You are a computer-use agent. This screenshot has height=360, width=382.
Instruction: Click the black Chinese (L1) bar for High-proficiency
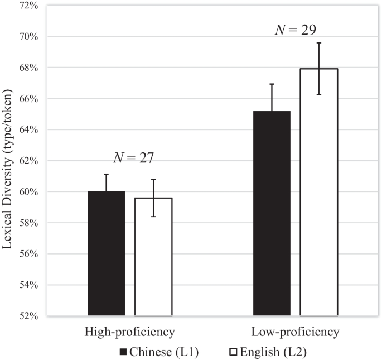(106, 253)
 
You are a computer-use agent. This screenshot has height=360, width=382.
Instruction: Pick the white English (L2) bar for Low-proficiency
(318, 192)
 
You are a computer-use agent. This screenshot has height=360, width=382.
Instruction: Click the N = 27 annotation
(133, 158)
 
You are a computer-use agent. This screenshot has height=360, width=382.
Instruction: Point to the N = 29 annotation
(296, 30)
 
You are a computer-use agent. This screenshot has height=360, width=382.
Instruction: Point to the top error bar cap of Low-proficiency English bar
(318, 43)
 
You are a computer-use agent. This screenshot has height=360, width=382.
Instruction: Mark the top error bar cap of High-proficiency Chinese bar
(106, 174)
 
